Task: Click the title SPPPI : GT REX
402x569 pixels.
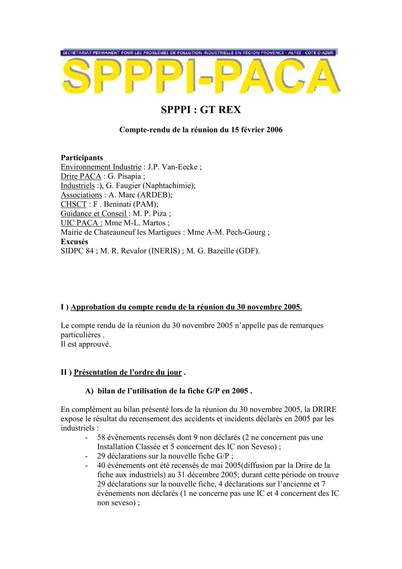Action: click(x=201, y=110)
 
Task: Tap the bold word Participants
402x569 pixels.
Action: click(x=82, y=158)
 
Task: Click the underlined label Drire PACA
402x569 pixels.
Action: click(x=81, y=177)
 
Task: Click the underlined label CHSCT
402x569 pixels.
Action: click(x=74, y=205)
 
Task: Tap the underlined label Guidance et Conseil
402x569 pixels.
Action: click(x=94, y=214)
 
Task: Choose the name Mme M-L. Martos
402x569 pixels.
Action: click(x=135, y=223)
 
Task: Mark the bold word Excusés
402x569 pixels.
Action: click(x=75, y=242)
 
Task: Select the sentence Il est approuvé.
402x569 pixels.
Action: click(x=86, y=345)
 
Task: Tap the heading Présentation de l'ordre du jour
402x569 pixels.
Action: click(x=128, y=373)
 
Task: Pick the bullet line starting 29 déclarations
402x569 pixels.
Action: click(x=165, y=456)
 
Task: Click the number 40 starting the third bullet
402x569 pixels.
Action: click(x=101, y=466)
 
